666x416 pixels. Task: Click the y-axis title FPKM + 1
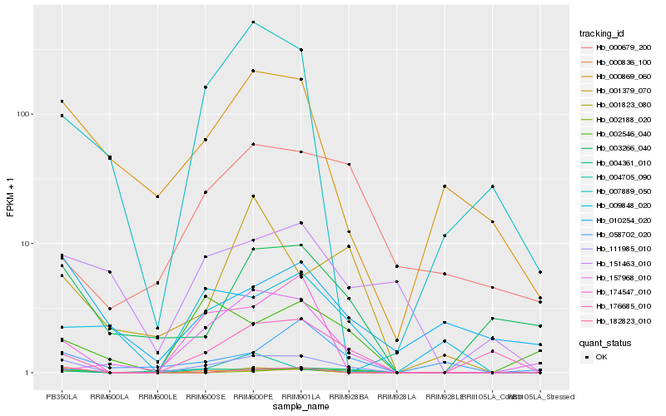10,197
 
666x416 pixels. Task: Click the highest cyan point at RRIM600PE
253,22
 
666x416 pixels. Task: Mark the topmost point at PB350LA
62,102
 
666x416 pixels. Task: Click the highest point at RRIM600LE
157,196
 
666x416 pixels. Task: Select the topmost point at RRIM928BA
349,165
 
